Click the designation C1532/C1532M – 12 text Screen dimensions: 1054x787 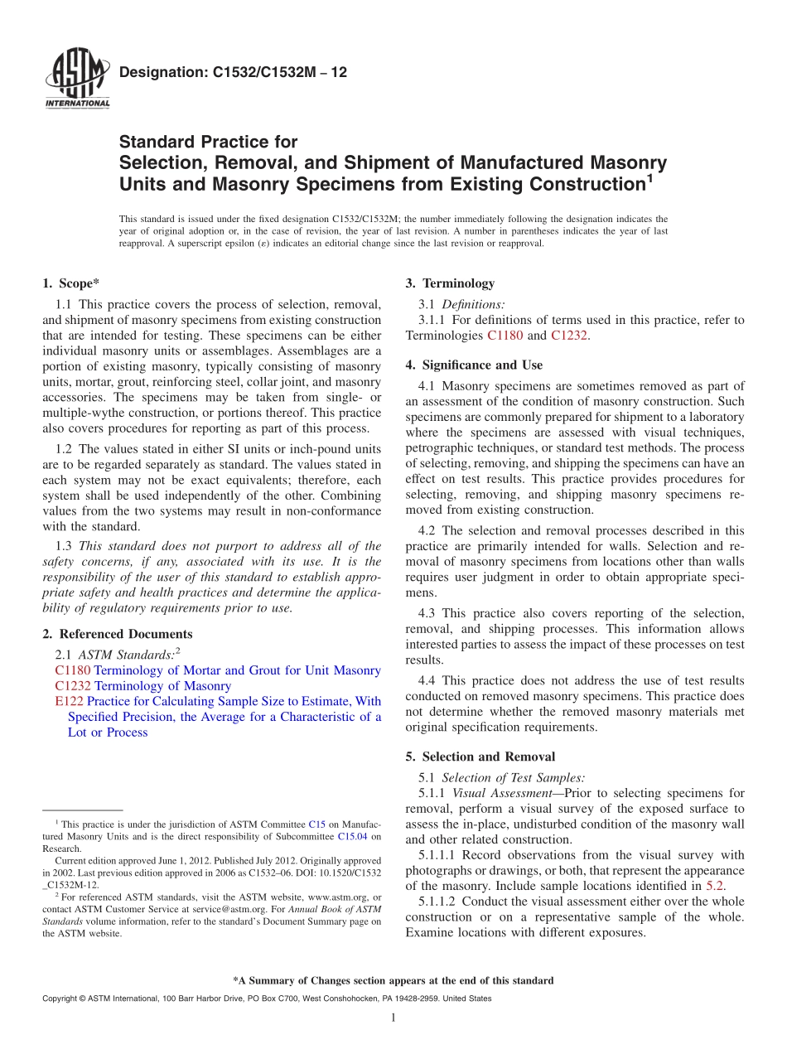[233, 73]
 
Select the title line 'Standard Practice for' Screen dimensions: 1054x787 [208, 143]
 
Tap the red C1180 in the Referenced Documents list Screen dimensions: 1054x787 [73, 670]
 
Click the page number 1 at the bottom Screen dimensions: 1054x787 [393, 1018]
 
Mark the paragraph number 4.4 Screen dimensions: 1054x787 [427, 681]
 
